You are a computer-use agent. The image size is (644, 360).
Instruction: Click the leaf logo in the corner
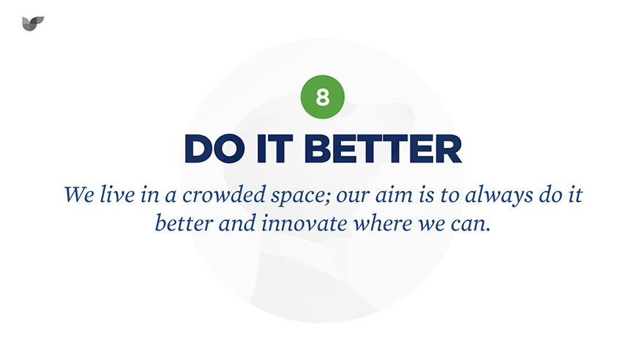pos(33,23)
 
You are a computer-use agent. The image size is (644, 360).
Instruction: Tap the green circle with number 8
pos(323,97)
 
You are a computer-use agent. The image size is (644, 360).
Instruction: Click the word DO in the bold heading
pos(214,149)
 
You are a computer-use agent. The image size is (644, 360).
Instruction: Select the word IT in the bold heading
pos(274,149)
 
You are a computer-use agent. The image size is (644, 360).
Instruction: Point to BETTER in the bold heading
pos(383,149)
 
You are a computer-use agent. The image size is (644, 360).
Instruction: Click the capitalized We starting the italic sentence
pos(79,194)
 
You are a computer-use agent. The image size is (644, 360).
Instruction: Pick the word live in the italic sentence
pos(118,194)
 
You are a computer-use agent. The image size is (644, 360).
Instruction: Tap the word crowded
pos(224,194)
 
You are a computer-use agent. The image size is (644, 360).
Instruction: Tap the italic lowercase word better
pos(184,223)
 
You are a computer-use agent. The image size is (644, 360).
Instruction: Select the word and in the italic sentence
pos(237,223)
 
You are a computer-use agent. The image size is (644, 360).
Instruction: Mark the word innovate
pos(304,223)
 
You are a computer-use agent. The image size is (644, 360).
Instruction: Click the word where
pos(383,223)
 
